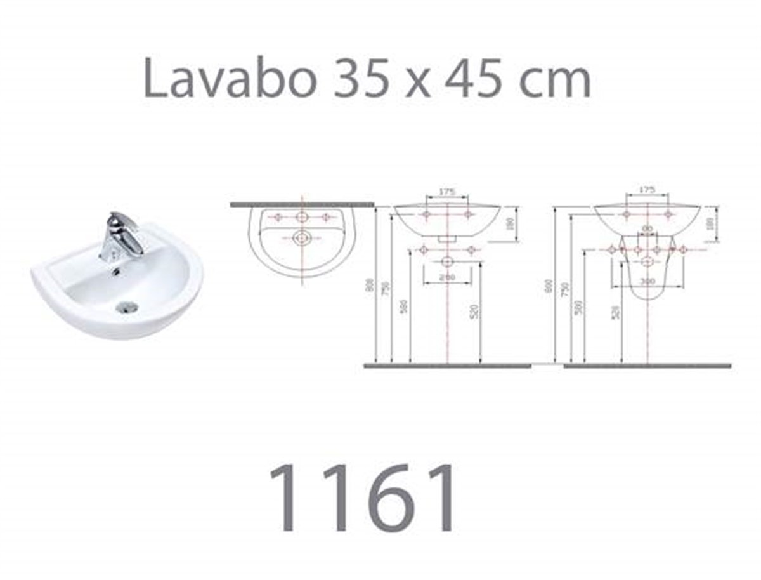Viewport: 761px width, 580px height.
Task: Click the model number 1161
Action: [x=363, y=498]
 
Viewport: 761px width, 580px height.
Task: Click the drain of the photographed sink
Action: [x=127, y=308]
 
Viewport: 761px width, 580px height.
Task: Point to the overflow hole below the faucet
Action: [x=116, y=272]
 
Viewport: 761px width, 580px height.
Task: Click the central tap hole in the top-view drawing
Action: [x=302, y=217]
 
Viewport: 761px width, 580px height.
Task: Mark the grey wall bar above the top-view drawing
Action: [x=302, y=204]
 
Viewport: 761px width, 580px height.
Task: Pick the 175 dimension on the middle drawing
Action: [x=448, y=190]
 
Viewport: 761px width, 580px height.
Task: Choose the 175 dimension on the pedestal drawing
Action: [x=647, y=190]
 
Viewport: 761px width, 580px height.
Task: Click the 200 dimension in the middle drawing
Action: [x=448, y=278]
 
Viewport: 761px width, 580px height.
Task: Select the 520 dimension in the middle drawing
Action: [x=476, y=311]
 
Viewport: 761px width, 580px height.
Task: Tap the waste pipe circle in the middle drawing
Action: [x=448, y=261]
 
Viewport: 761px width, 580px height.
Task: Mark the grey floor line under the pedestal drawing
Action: [x=647, y=366]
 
